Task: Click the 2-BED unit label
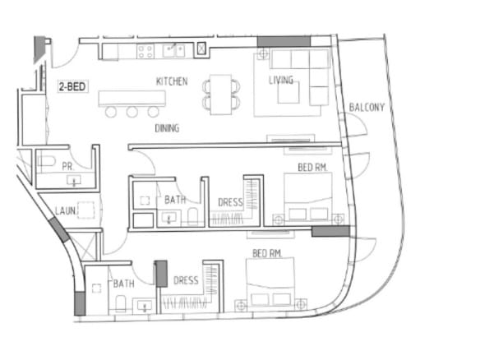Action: point(72,86)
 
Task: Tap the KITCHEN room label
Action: point(172,81)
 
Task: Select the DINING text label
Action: point(167,128)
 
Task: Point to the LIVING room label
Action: point(281,81)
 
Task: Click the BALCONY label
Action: point(367,107)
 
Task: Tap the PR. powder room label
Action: point(68,167)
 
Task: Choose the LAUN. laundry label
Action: point(65,210)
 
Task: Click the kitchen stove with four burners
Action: point(145,52)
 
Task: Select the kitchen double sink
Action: point(174,51)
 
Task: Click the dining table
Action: point(221,95)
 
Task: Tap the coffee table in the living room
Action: point(288,93)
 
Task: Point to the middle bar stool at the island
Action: point(132,112)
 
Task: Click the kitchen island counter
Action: point(132,99)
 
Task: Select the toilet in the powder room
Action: point(46,161)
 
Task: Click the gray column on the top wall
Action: point(284,41)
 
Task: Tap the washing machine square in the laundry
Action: point(85,210)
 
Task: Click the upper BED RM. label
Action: point(312,168)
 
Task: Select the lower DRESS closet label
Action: point(186,280)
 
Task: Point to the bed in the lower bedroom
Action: point(270,282)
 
